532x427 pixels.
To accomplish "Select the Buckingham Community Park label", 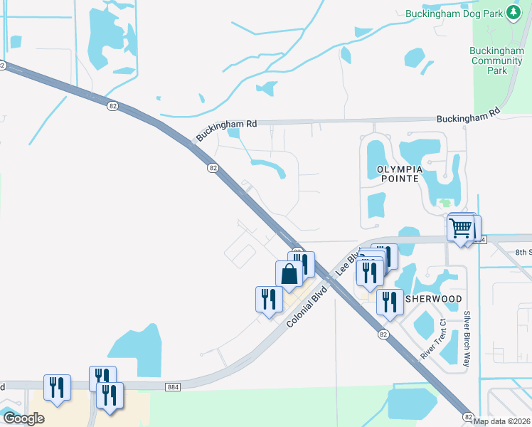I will [498, 60].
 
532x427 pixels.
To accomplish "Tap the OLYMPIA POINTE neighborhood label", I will [395, 174].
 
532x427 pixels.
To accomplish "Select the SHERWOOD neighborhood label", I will [433, 299].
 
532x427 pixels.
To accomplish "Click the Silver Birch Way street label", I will [467, 339].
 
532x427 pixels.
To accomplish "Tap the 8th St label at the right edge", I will [523, 252].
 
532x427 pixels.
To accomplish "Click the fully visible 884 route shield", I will [172, 386].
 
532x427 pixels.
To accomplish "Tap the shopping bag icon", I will [289, 273].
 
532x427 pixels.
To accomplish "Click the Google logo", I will [23, 418].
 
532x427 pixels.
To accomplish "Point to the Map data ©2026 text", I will [502, 421].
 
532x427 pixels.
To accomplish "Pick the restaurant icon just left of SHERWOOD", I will [389, 300].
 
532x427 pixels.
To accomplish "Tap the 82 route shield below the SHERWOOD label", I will [384, 334].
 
